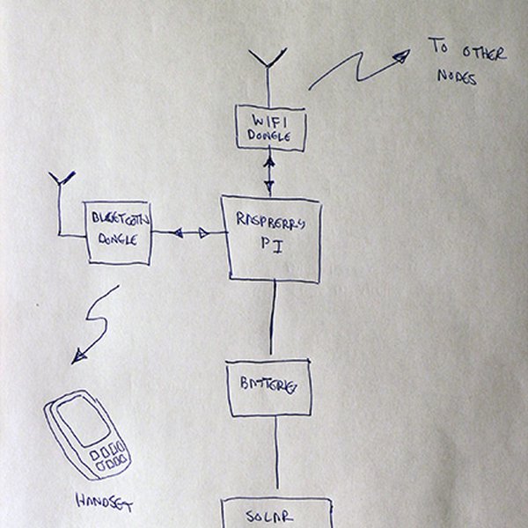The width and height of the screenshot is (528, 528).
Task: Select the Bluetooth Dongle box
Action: [119, 233]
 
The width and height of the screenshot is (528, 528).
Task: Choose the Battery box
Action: [269, 387]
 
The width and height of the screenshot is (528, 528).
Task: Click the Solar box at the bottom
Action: [276, 514]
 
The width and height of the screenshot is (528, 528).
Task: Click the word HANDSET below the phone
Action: [104, 505]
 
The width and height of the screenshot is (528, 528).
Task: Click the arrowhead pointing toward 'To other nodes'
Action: [400, 56]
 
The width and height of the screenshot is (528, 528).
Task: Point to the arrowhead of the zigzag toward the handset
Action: [79, 356]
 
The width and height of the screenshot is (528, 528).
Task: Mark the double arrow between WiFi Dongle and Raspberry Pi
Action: [269, 172]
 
